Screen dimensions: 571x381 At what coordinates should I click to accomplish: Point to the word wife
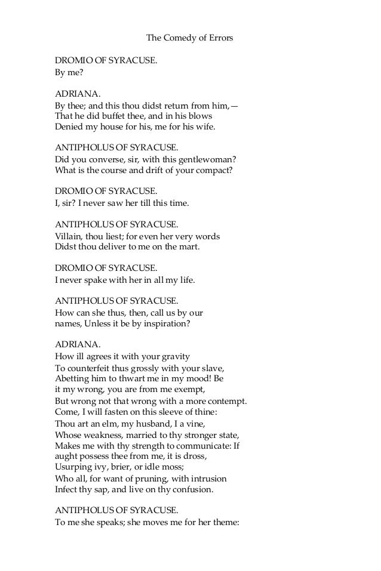(x=201, y=127)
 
